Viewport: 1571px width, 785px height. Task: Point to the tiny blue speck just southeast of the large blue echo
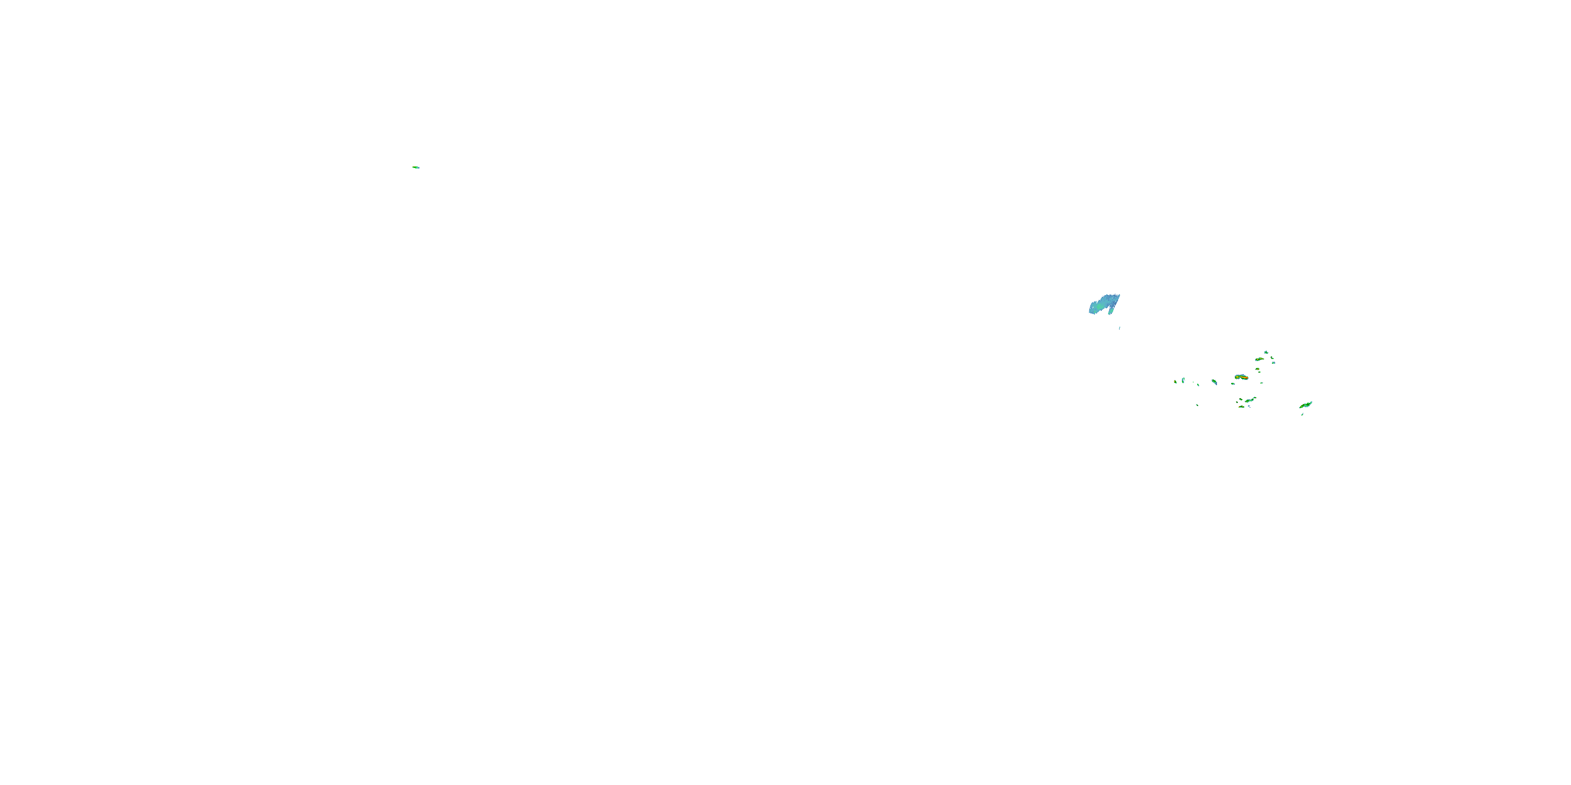pos(1120,328)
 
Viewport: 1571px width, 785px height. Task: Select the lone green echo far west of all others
pos(415,167)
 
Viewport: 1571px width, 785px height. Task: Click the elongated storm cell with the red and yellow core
pos(1242,377)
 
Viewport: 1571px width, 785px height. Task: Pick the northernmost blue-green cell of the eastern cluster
pos(1267,352)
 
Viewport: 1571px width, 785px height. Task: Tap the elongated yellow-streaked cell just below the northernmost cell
pos(1260,359)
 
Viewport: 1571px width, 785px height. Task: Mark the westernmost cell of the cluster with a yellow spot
pos(1176,382)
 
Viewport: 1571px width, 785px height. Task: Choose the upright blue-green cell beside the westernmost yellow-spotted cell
pos(1183,381)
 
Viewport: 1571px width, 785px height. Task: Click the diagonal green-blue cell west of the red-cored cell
pos(1215,382)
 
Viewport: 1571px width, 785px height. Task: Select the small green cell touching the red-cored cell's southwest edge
pos(1233,384)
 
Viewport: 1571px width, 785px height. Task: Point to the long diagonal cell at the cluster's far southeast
pos(1307,405)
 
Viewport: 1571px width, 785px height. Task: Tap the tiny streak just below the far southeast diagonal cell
pos(1303,414)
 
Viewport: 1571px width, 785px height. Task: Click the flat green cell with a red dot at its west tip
pos(1242,407)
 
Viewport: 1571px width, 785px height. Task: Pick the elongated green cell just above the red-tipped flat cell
pos(1249,400)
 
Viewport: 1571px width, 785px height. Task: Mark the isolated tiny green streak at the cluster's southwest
pos(1198,405)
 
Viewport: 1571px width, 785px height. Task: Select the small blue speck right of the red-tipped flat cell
pos(1249,406)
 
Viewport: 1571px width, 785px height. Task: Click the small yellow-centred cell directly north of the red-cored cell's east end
pos(1257,369)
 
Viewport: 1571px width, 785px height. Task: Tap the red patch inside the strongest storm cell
pos(1246,378)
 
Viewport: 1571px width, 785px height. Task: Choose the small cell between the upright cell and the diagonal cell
pos(1198,385)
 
